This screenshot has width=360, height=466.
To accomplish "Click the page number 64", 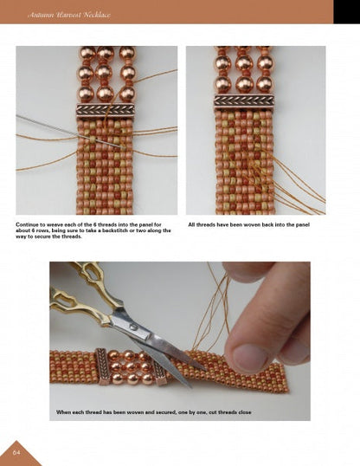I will click(x=16, y=451).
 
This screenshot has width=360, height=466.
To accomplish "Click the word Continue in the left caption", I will click(x=30, y=224).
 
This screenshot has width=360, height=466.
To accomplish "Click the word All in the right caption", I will click(x=192, y=224).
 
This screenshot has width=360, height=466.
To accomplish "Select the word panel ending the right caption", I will click(x=301, y=224).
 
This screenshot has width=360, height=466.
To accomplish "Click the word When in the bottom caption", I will click(x=66, y=411).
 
